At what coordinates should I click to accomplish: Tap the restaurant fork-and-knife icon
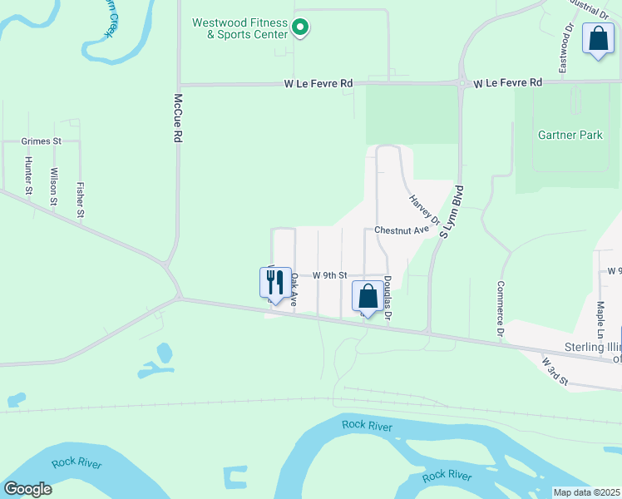[x=276, y=283]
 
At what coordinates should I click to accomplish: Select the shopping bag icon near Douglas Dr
[x=368, y=298]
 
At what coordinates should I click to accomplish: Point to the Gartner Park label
[x=570, y=135]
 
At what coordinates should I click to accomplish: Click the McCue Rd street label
[x=177, y=120]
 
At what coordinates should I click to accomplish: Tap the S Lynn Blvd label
[x=450, y=211]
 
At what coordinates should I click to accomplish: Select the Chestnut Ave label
[x=401, y=230]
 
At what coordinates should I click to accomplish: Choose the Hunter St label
[x=29, y=175]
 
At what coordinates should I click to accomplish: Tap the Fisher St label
[x=81, y=200]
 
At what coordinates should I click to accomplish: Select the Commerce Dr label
[x=501, y=309]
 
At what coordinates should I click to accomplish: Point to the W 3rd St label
[x=554, y=371]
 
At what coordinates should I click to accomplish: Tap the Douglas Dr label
[x=387, y=301]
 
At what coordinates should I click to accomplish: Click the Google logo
[x=27, y=489]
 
